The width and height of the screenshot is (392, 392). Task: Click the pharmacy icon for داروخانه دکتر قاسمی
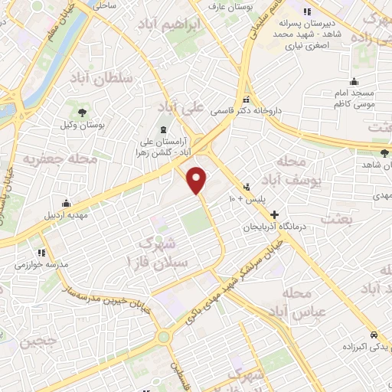tap(247, 100)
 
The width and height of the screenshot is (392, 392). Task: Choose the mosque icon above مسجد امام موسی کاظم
tap(354, 82)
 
